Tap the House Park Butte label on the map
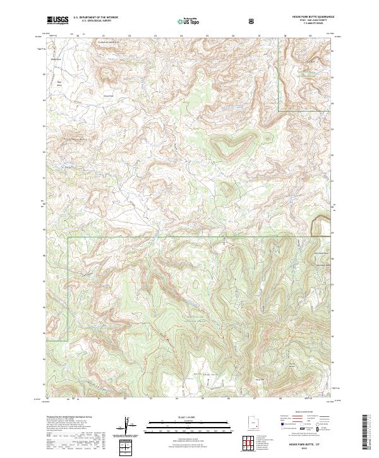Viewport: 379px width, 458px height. (x=74, y=138)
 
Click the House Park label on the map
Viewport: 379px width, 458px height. (x=109, y=96)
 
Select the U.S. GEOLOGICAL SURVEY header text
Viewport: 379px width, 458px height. (x=92, y=22)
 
